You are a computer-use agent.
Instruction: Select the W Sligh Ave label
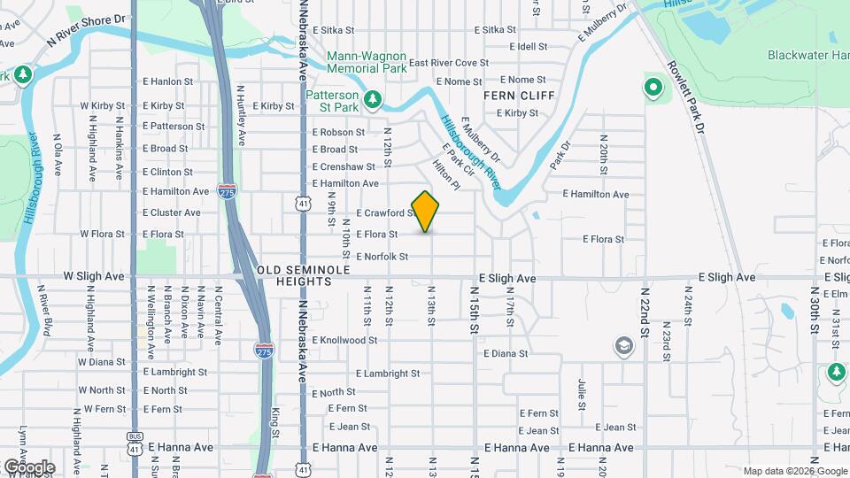(x=94, y=276)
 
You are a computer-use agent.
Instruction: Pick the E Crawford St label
(x=385, y=213)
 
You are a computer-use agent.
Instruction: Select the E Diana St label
(x=506, y=353)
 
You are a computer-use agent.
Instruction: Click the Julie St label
(x=582, y=394)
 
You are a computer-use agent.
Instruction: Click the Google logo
(x=29, y=466)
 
